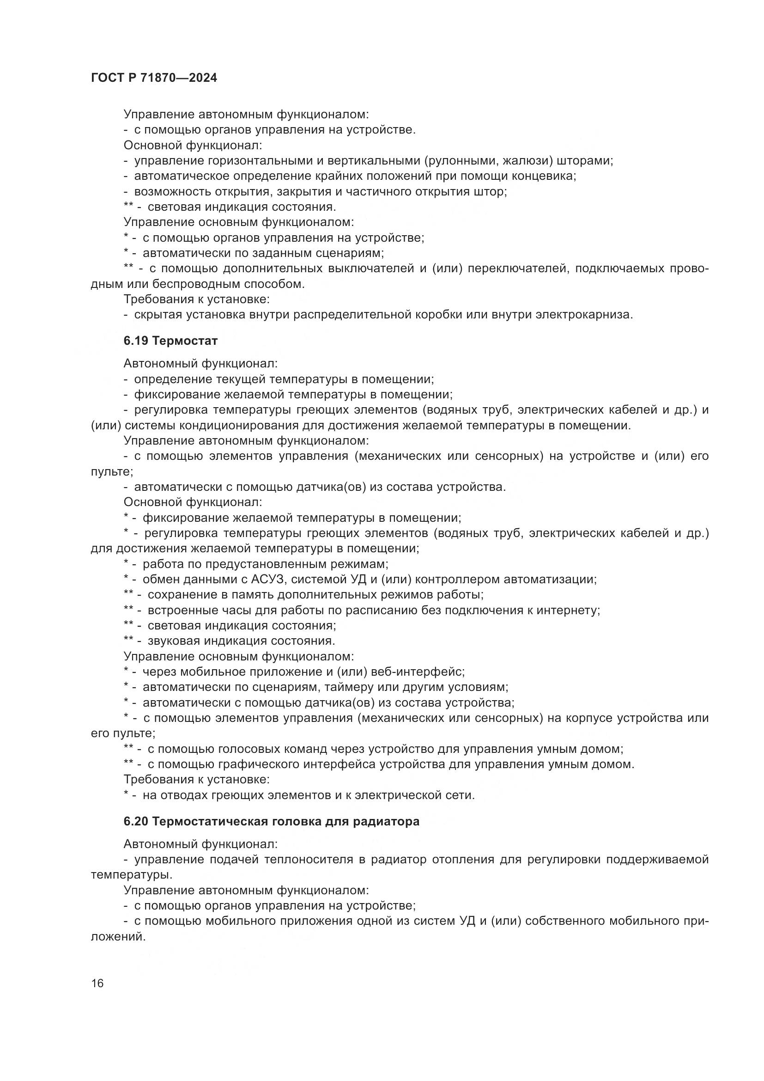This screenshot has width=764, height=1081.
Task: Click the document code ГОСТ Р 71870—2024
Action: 154,78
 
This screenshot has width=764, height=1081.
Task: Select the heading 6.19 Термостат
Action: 170,341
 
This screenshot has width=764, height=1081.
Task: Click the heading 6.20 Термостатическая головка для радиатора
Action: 272,822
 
